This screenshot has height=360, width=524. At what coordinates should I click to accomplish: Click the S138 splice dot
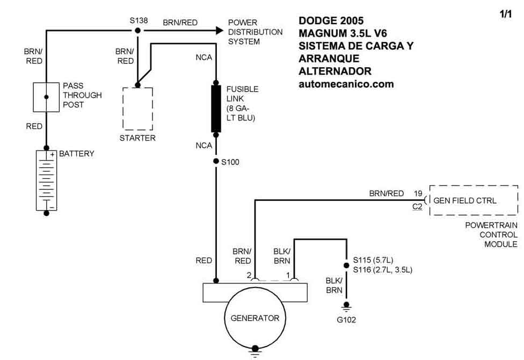tap(137, 31)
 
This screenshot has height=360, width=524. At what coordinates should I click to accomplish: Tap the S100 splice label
tap(230, 162)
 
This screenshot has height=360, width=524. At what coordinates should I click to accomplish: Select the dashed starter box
tap(137, 109)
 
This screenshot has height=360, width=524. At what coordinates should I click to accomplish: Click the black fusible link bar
tap(216, 109)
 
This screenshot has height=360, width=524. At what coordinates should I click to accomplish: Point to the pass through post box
tap(46, 97)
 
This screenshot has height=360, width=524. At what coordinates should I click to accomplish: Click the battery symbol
tap(47, 181)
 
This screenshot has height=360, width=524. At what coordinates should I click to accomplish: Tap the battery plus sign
tap(52, 155)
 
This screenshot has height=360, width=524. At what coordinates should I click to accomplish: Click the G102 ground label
tap(346, 320)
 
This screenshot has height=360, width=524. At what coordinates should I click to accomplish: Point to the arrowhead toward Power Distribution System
tap(220, 31)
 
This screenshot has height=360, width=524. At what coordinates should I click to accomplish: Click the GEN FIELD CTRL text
tap(465, 201)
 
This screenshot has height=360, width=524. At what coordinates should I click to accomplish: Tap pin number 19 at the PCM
tap(418, 193)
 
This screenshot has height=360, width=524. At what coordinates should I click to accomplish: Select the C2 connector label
tap(417, 207)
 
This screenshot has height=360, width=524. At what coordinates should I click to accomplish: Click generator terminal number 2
tap(249, 275)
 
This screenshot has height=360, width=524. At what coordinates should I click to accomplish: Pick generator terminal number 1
tap(288, 275)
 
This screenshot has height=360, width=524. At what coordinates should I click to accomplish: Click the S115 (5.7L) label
tap(373, 260)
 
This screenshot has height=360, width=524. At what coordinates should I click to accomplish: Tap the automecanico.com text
tap(346, 84)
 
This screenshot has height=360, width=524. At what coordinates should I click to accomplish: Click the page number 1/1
tap(506, 14)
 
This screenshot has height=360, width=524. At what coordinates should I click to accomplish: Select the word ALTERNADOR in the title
tap(335, 71)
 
